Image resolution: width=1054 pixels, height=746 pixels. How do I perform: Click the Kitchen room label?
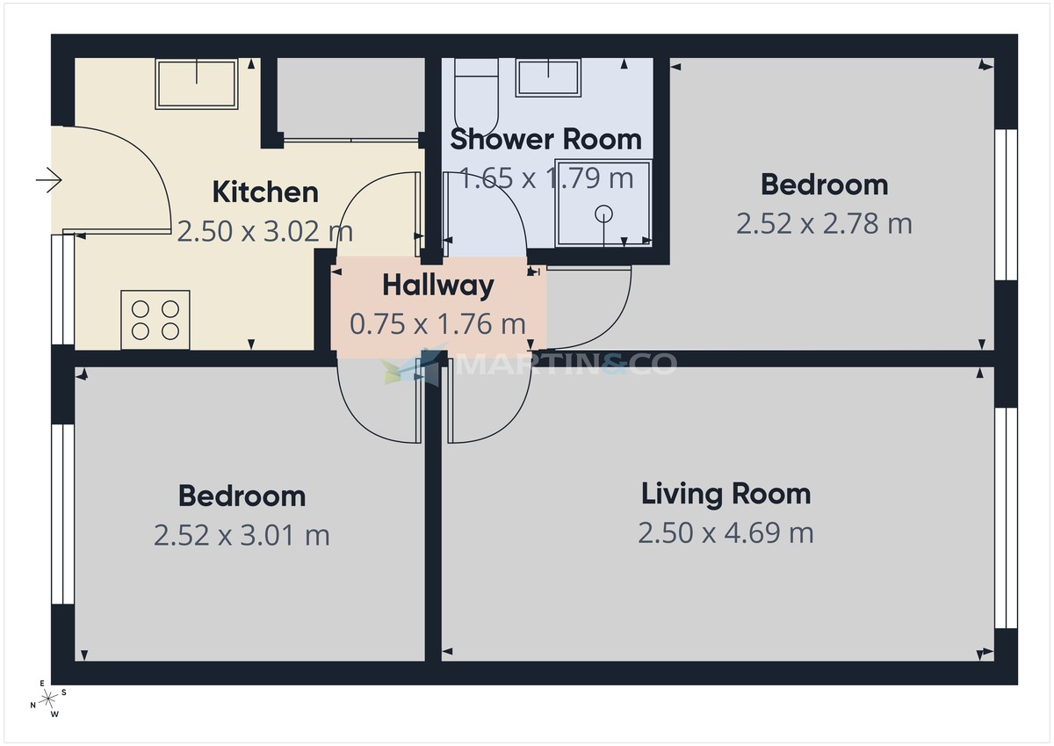pyautogui.click(x=265, y=192)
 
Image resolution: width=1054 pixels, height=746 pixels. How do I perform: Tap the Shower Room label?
pyautogui.click(x=545, y=139)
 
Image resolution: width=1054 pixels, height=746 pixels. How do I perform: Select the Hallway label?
pyautogui.click(x=438, y=285)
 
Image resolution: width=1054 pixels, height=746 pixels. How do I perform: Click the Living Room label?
pyautogui.click(x=726, y=494)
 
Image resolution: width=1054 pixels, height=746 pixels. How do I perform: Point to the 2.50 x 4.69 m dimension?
pyautogui.click(x=726, y=532)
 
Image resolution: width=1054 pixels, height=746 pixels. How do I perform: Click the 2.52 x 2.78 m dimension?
pyautogui.click(x=824, y=223)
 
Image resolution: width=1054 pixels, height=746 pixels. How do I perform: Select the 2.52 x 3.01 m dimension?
pyautogui.click(x=242, y=534)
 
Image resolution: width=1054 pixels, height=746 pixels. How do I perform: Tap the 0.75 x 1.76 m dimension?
pyautogui.click(x=438, y=324)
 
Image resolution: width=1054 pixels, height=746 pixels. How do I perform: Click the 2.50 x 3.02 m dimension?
pyautogui.click(x=265, y=231)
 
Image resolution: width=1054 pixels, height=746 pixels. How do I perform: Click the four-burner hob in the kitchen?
pyautogui.click(x=155, y=319)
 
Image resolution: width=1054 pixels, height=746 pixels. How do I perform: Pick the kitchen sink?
pyautogui.click(x=196, y=83)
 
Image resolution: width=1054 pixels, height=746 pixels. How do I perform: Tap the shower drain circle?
pyautogui.click(x=604, y=212)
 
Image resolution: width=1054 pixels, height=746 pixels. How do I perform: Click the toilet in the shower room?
pyautogui.click(x=475, y=92)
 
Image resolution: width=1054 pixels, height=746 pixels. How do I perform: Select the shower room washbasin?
pyautogui.click(x=548, y=77)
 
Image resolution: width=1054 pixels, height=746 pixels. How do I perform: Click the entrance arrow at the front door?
pyautogui.click(x=48, y=182)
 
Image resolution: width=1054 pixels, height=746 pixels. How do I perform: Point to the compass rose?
pyautogui.click(x=49, y=699)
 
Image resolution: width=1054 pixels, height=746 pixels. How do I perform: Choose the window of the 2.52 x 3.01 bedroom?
pyautogui.click(x=62, y=514)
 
